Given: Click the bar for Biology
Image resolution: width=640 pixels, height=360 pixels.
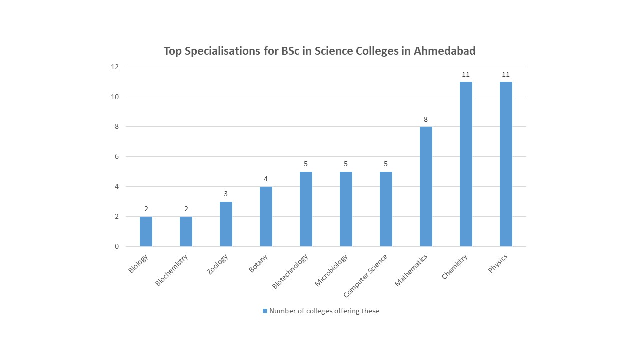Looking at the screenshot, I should click(x=146, y=231).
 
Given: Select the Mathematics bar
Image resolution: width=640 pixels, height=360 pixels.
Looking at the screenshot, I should click(x=426, y=186).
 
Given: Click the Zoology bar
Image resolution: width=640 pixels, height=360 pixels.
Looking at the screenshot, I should click(x=226, y=224).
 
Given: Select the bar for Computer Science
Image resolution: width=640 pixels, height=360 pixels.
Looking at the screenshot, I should click(x=386, y=209).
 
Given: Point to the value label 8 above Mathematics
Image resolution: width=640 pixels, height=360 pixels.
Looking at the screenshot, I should click(x=426, y=119).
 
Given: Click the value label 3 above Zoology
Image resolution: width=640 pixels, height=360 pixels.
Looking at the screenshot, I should click(x=226, y=194).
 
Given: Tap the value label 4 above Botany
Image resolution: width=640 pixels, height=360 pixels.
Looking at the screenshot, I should click(x=266, y=179).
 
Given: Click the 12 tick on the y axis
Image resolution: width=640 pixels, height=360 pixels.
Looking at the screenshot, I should click(x=115, y=67).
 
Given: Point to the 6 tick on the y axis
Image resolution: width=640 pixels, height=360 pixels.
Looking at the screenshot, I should click(x=117, y=157).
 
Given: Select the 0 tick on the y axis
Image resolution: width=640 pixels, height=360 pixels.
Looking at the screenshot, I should click(x=117, y=246).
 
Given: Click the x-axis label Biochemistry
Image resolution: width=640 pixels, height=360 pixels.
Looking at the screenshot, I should click(x=171, y=270).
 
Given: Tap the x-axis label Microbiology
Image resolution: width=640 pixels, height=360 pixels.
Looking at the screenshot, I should click(x=331, y=271).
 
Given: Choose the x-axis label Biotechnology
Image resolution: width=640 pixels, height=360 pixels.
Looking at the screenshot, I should click(x=290, y=271).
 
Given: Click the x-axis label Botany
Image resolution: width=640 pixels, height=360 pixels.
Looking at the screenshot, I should click(x=258, y=264).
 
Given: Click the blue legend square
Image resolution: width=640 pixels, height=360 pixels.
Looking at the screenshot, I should click(x=265, y=311).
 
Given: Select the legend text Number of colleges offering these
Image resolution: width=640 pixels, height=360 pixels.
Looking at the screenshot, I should click(x=324, y=311).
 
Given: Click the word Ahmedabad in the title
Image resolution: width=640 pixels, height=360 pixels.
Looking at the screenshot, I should click(x=444, y=51).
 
